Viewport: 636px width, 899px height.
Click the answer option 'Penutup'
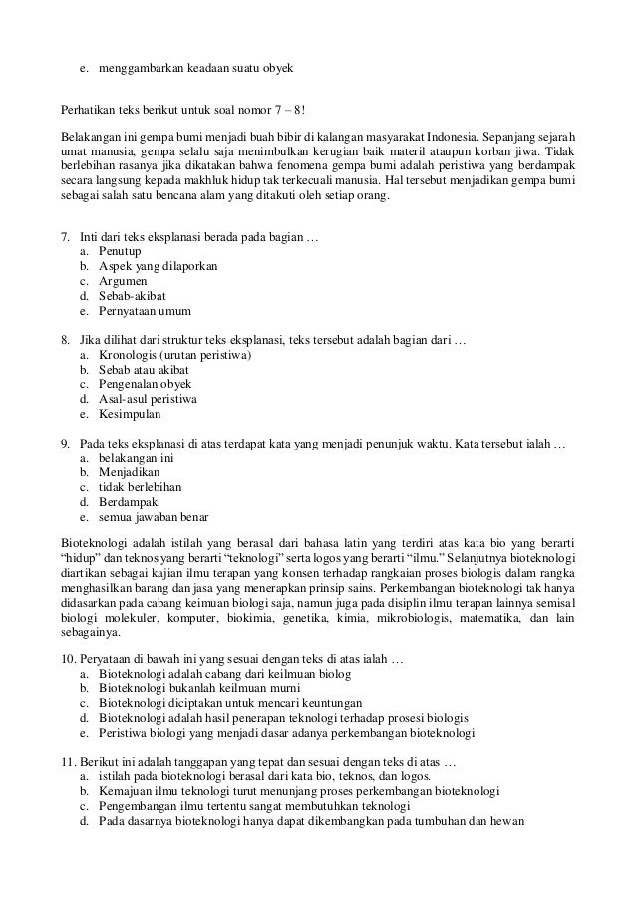click(119, 252)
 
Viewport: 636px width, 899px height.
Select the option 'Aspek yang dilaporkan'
click(159, 267)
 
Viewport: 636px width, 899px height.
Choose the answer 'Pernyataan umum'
click(146, 311)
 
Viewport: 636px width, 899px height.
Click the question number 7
click(66, 237)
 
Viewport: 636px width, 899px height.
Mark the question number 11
click(69, 762)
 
